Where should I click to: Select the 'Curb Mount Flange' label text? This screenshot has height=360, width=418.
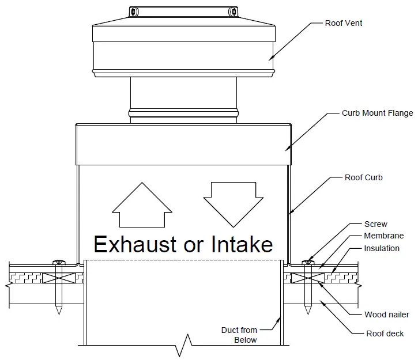pyautogui.click(x=377, y=113)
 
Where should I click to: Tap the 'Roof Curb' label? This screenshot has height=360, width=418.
pyautogui.click(x=363, y=178)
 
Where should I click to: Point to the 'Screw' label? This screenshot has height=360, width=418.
pyautogui.click(x=375, y=224)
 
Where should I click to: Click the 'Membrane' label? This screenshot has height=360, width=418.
pyautogui.click(x=383, y=236)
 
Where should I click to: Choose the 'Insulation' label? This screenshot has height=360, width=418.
pyautogui.click(x=381, y=248)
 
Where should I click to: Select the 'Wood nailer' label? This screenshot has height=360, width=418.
pyautogui.click(x=386, y=315)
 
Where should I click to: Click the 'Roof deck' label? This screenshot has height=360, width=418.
pyautogui.click(x=385, y=334)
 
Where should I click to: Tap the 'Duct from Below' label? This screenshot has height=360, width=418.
pyautogui.click(x=239, y=335)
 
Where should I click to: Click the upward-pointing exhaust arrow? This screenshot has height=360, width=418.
pyautogui.click(x=142, y=205)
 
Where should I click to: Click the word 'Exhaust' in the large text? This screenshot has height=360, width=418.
pyautogui.click(x=135, y=245)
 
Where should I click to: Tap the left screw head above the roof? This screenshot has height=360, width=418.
pyautogui.click(x=58, y=263)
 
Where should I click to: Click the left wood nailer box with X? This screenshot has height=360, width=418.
pyautogui.click(x=58, y=278)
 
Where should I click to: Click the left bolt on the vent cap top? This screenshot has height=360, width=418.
pyautogui.click(x=133, y=12)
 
